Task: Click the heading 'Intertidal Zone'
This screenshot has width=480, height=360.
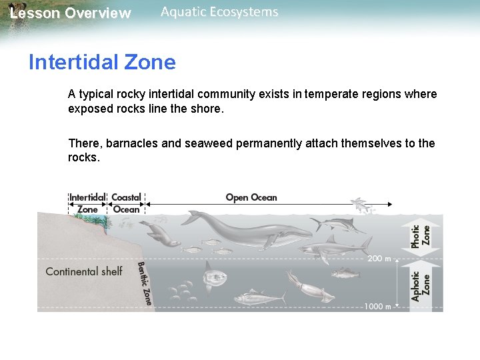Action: coord(102,63)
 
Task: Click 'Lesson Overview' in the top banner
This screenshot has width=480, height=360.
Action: coord(71,13)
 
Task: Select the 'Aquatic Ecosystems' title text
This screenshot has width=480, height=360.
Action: coord(219,12)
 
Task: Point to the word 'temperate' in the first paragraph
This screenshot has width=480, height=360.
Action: coord(328,94)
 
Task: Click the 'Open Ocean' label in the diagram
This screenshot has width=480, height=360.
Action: coord(251,197)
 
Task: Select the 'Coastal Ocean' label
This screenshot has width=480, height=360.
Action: coord(126,203)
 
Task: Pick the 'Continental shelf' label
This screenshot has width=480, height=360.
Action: coord(84,271)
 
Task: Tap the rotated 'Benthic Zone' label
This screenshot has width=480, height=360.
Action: coord(144,283)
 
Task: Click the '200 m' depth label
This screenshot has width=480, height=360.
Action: coord(379,257)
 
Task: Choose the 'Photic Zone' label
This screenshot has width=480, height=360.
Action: coord(421,237)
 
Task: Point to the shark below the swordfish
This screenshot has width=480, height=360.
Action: coord(333,249)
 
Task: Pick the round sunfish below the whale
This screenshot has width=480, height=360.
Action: coord(215,273)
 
